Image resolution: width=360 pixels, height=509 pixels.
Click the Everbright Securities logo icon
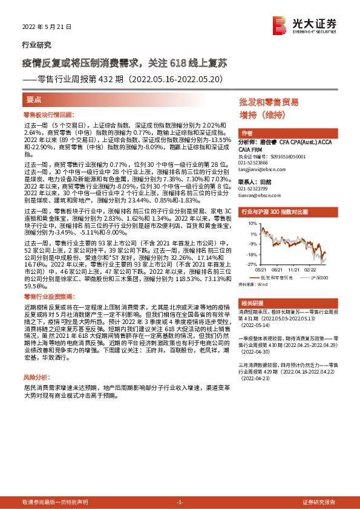[x=279, y=25]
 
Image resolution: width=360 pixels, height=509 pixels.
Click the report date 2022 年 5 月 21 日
[x=47, y=27]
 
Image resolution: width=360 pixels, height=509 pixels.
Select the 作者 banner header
[x=247, y=132]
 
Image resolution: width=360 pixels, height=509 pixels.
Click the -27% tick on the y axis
[x=250, y=264]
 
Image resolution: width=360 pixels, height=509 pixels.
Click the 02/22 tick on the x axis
[x=310, y=270]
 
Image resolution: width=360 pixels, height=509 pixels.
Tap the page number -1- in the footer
[x=180, y=502]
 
